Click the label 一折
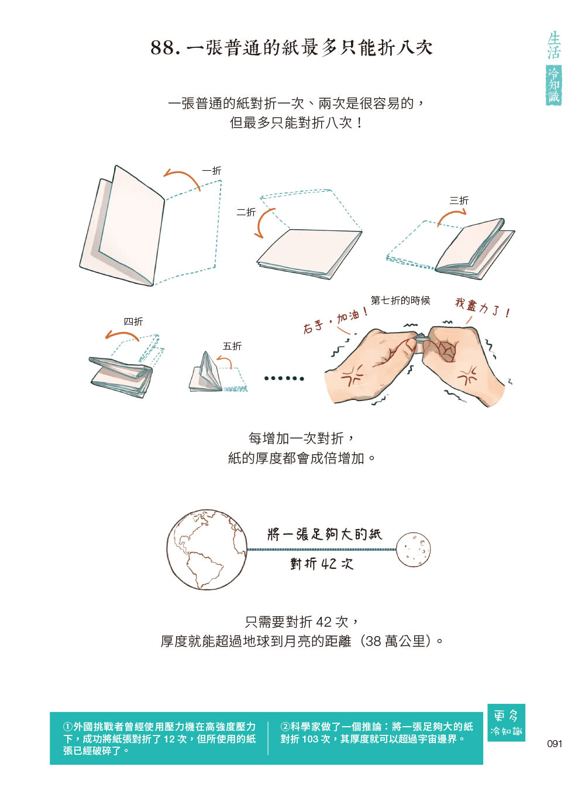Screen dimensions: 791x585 click(x=212, y=171)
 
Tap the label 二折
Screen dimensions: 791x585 click(x=246, y=212)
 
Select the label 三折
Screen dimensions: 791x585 click(x=459, y=201)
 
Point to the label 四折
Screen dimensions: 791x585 click(x=133, y=322)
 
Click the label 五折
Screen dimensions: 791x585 click(x=232, y=346)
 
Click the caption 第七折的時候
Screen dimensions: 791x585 click(x=401, y=300)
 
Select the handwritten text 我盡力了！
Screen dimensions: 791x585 click(x=483, y=308)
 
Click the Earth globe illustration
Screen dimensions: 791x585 click(x=207, y=549)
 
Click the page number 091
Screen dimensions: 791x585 click(x=555, y=744)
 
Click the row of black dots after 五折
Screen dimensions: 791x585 click(x=284, y=378)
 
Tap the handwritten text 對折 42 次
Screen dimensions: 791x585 click(x=322, y=564)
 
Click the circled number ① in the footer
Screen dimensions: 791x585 click(x=68, y=727)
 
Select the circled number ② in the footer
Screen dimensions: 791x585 click(x=285, y=727)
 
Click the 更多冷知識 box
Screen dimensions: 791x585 click(x=506, y=723)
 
